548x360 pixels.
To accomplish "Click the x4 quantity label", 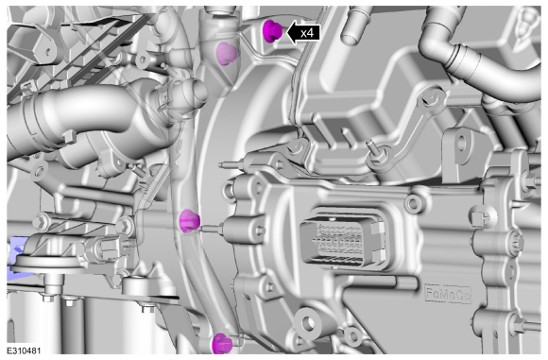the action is tap(307, 33).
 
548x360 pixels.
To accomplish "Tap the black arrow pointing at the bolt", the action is tap(303, 33).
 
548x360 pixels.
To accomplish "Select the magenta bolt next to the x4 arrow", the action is tap(272, 31).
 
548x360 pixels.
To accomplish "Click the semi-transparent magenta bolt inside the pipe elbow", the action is tap(227, 54).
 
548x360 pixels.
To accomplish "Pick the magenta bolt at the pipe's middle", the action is tap(189, 221).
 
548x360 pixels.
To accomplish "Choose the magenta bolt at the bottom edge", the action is tap(222, 343).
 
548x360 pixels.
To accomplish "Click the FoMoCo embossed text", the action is tap(448, 294).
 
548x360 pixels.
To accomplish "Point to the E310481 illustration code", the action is tap(24, 351).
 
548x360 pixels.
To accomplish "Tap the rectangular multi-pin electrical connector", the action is tap(343, 239).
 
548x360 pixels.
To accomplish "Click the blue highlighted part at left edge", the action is tap(16, 257).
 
